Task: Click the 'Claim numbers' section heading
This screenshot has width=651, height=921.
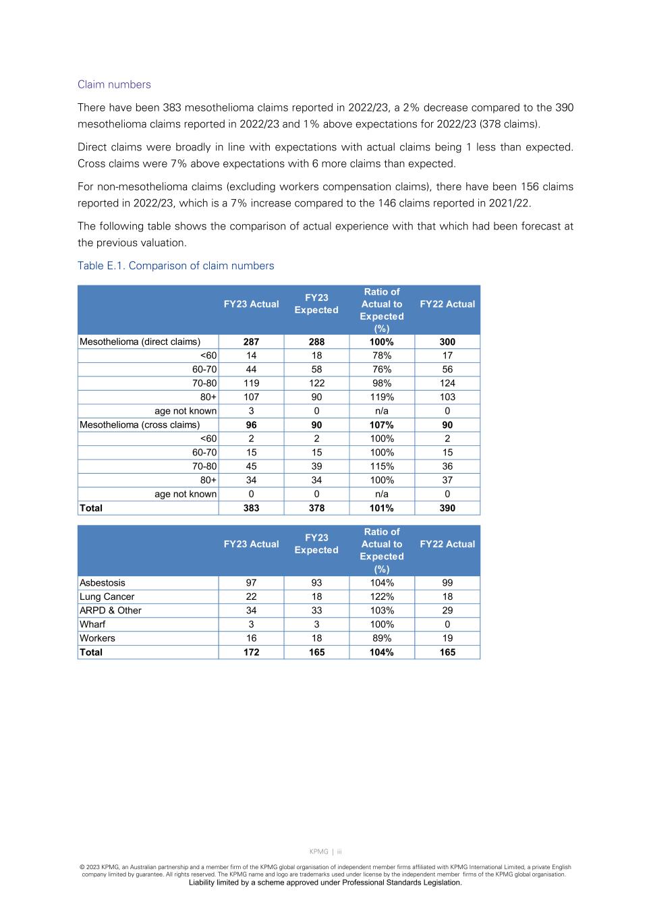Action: (114, 84)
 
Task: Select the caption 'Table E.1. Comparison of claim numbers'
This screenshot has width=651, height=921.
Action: (175, 266)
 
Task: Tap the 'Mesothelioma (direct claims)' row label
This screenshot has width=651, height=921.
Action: (140, 342)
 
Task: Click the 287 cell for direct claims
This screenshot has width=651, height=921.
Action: (251, 342)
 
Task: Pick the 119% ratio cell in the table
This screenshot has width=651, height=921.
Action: (381, 397)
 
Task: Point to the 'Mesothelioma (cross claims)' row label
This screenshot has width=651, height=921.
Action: (140, 425)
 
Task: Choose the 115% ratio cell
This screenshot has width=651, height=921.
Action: (381, 466)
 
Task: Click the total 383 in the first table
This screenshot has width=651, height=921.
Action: (251, 508)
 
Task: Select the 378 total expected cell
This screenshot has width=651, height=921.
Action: (316, 508)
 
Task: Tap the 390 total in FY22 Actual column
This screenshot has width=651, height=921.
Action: (447, 508)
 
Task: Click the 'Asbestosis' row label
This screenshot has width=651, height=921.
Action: (103, 583)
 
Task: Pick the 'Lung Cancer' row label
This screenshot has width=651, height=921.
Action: (107, 597)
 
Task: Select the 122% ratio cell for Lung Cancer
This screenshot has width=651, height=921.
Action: (381, 597)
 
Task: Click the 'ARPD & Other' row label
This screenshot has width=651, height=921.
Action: (111, 611)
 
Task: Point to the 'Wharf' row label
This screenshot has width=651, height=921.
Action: (92, 625)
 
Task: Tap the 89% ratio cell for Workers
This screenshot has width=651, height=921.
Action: (381, 638)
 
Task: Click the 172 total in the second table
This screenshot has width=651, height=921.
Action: (251, 652)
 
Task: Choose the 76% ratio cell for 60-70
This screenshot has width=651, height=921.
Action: (381, 370)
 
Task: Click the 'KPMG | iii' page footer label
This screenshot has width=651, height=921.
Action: (325, 852)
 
